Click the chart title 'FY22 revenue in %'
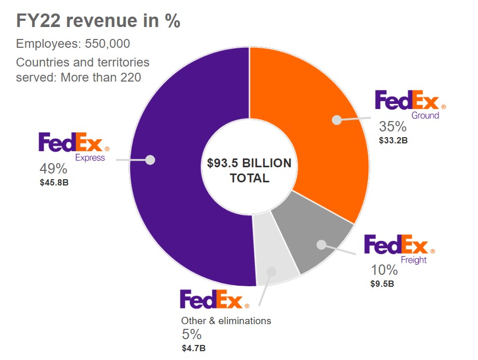(x=98, y=21)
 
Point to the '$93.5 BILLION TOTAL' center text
(x=249, y=171)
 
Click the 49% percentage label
(x=53, y=169)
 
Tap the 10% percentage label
(x=384, y=270)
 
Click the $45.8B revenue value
(x=54, y=182)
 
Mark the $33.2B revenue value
(x=393, y=140)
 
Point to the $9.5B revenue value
(x=383, y=284)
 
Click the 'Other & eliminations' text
(x=226, y=321)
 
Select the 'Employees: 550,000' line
(x=73, y=44)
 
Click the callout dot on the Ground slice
(x=337, y=120)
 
